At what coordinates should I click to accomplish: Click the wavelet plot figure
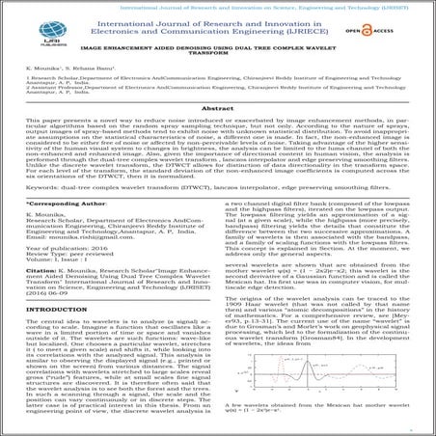point(318,410)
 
